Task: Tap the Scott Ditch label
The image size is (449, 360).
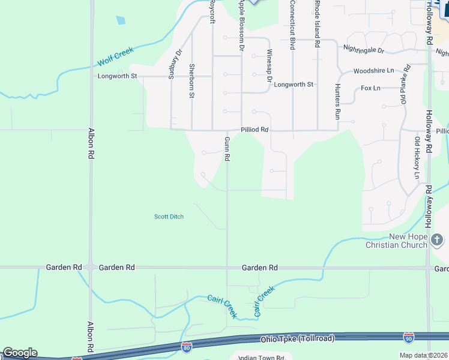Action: tap(169, 217)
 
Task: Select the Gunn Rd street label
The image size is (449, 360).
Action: tap(228, 149)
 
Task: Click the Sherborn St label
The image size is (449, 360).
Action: tap(191, 80)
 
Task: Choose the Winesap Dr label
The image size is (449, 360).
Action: tap(270, 65)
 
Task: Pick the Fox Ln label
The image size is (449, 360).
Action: tap(370, 88)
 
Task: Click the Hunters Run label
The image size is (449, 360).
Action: tap(337, 100)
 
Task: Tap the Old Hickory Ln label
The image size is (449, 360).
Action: tap(417, 158)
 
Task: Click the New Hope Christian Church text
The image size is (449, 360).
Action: tap(398, 241)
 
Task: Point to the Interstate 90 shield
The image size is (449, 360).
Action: tap(409, 337)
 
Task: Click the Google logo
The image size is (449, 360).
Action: tap(20, 353)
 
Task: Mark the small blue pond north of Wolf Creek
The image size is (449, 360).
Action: tap(121, 20)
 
